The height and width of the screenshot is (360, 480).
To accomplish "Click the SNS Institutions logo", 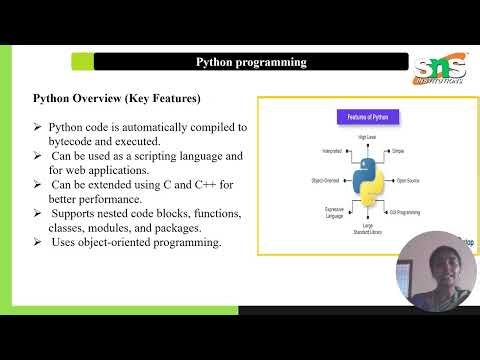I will [x=443, y=71].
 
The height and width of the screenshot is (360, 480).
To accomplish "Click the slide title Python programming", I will [x=250, y=62].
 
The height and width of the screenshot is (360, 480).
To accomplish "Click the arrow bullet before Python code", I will [x=38, y=128].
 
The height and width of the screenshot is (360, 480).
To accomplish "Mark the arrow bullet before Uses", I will [x=38, y=243].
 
